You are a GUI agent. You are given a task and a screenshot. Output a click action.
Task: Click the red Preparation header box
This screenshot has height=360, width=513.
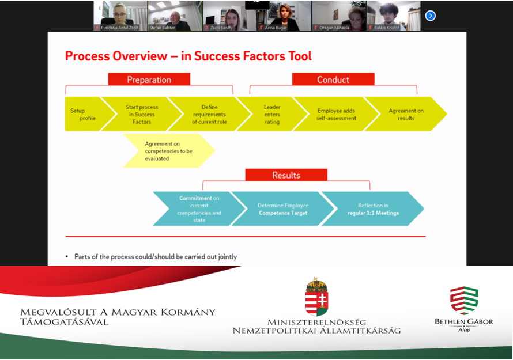pyautogui.click(x=149, y=79)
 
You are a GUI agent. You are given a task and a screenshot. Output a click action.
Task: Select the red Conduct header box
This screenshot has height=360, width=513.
pyautogui.click(x=333, y=79)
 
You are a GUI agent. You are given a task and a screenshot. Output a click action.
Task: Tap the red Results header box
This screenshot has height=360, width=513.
pyautogui.click(x=286, y=175)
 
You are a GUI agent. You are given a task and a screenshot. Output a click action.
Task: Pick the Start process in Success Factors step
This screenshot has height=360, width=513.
pyautogui.click(x=142, y=114)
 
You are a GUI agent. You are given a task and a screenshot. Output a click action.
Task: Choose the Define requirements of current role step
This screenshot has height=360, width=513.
pyautogui.click(x=209, y=114)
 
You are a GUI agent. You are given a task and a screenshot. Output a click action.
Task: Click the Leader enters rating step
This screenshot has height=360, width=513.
pyautogui.click(x=272, y=114)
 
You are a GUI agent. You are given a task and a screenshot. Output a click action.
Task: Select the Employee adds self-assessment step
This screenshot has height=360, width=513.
pyautogui.click(x=336, y=114)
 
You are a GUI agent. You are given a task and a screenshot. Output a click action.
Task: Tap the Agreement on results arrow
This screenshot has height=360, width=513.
pyautogui.click(x=406, y=114)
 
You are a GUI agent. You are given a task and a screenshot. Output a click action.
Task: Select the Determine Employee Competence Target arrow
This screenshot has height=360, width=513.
pyautogui.click(x=282, y=209)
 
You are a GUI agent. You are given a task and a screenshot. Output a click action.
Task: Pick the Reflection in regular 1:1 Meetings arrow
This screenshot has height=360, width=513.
pyautogui.click(x=372, y=209)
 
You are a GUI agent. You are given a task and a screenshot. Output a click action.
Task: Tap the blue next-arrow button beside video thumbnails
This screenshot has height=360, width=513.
pyautogui.click(x=430, y=16)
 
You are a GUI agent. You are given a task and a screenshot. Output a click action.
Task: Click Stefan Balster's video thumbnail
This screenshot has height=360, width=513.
pyautogui.click(x=175, y=15)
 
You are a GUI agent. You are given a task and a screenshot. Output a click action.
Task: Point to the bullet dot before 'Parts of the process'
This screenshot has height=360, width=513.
pyautogui.click(x=67, y=257)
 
